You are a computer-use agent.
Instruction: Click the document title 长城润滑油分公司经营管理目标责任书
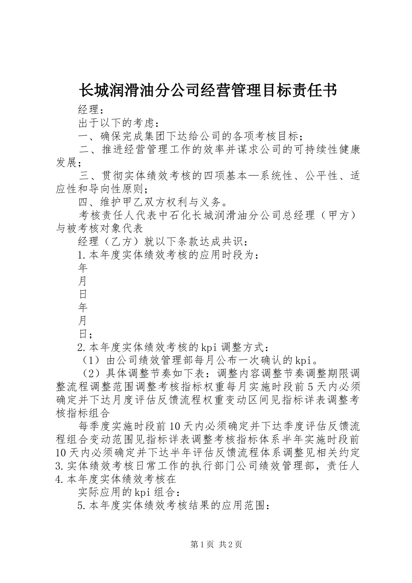click(x=208, y=90)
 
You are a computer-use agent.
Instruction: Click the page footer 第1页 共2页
click(x=216, y=544)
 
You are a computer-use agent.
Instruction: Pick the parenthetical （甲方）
click(x=339, y=216)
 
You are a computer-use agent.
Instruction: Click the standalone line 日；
click(x=85, y=334)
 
